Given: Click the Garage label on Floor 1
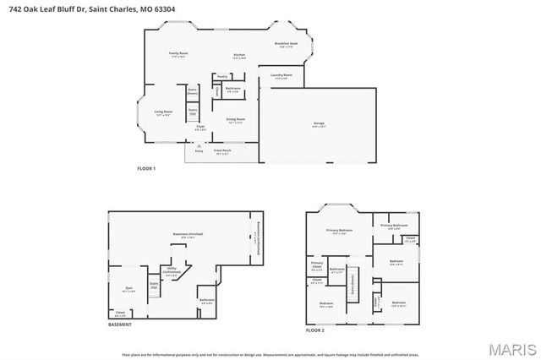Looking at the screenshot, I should [319, 123].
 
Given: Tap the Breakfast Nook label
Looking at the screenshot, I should [285, 44].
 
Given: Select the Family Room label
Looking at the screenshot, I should [178, 54].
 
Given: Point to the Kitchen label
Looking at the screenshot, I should [239, 56].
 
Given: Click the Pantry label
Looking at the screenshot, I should [221, 76].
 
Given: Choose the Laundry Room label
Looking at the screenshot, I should [281, 76].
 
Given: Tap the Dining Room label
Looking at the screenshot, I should [235, 120].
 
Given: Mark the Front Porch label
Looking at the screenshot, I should [223, 153].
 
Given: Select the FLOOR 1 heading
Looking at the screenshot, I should [147, 169].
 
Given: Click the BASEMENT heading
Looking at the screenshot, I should [119, 325].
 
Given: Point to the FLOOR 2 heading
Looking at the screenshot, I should [315, 330].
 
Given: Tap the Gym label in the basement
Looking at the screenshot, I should [129, 288].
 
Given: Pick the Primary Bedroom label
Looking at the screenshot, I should [340, 231].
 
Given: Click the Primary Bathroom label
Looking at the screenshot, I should [394, 226].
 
